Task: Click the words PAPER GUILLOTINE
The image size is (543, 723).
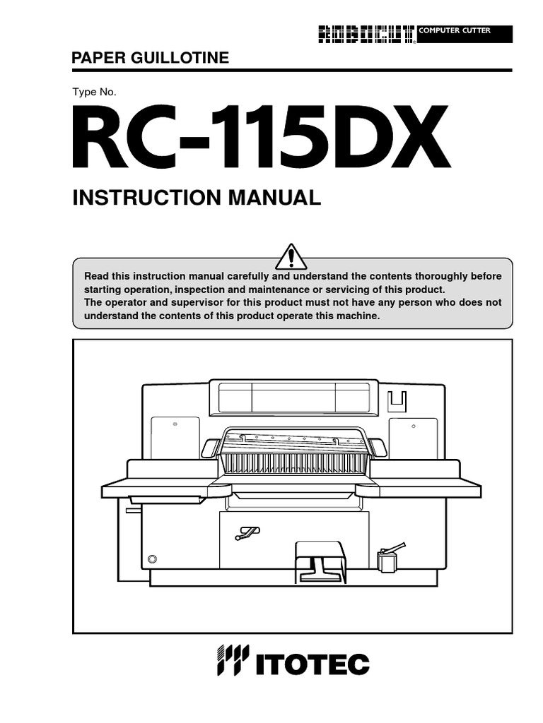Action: (151, 58)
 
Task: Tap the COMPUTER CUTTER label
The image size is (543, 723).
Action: (455, 31)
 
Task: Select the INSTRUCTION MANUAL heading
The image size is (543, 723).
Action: (197, 198)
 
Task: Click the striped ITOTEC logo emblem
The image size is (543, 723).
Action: (233, 661)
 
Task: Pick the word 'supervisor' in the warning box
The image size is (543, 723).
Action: (194, 303)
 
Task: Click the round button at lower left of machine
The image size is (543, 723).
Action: (151, 558)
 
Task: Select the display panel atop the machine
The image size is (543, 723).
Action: (293, 398)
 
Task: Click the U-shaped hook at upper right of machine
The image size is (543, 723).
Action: (398, 400)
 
